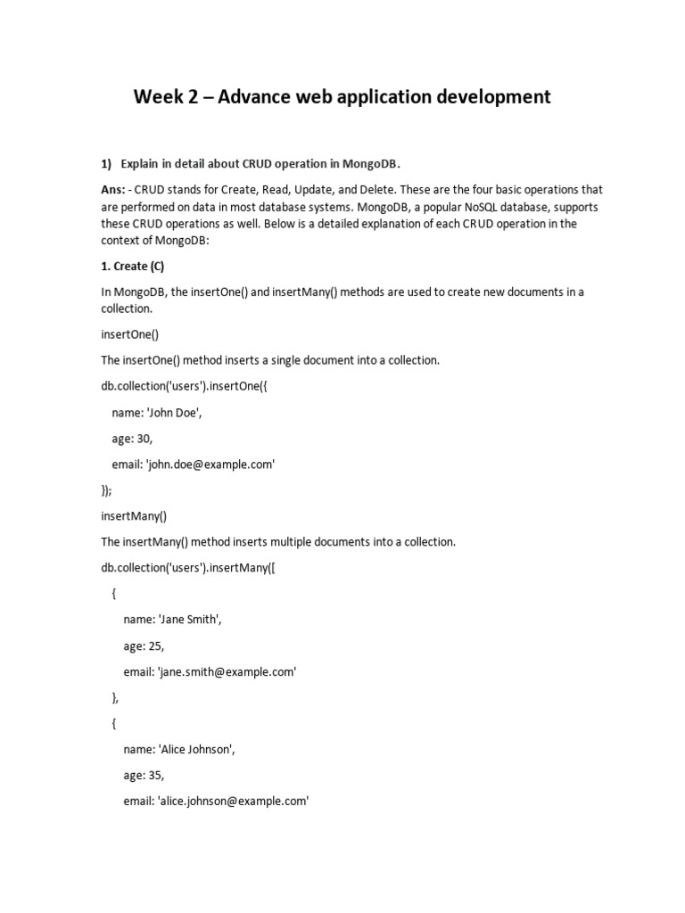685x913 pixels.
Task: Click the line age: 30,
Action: coord(131,439)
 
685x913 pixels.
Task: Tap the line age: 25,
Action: coord(144,646)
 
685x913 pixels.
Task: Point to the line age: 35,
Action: coord(144,775)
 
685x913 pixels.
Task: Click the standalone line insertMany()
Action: coord(134,515)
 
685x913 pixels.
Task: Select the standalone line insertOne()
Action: coord(129,334)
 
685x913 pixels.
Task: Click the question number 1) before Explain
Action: coord(106,164)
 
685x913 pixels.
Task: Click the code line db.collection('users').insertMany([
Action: coord(188,567)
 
